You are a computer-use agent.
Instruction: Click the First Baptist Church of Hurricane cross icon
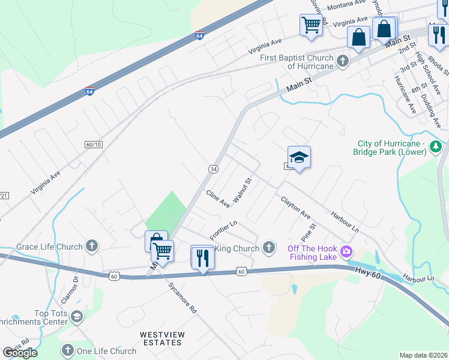coord(342,61)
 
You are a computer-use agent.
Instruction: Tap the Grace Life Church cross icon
coord(91,245)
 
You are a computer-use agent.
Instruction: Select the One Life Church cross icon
coord(67,350)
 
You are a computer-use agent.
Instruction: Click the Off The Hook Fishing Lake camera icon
coord(346,251)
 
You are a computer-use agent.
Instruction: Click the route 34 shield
coord(213,169)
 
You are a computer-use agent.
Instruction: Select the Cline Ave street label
coord(218,199)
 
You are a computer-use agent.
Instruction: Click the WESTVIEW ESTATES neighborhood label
coord(161,338)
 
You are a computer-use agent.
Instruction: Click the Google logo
coord(19,353)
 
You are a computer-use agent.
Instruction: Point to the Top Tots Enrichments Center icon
coord(77,316)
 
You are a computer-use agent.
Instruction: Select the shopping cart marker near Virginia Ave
coord(311,26)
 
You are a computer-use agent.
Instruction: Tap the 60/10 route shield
coord(94,145)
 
